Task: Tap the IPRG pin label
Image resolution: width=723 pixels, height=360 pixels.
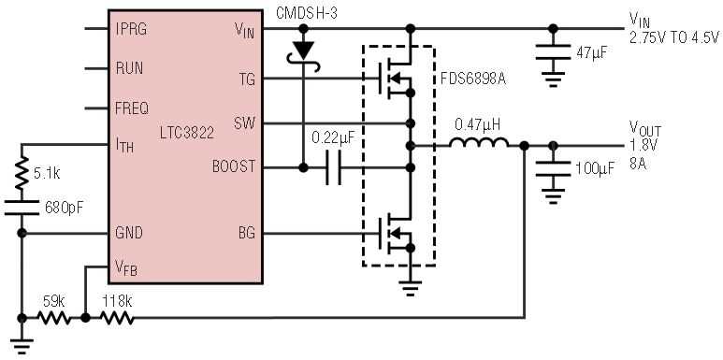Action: (130, 29)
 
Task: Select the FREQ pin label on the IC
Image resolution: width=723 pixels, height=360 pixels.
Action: (131, 108)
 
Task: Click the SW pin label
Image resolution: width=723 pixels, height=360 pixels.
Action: (243, 122)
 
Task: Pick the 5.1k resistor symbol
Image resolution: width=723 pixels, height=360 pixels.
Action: (21, 173)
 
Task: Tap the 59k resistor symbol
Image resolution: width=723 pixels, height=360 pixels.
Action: (52, 318)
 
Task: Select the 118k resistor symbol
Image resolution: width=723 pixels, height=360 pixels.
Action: (117, 318)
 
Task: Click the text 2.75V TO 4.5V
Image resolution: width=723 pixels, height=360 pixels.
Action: (673, 38)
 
